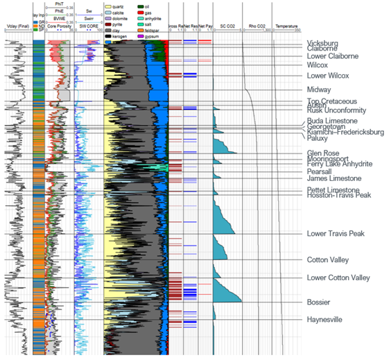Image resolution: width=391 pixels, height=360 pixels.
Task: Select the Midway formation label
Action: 318,90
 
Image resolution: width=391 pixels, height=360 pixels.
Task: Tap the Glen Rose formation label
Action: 322,153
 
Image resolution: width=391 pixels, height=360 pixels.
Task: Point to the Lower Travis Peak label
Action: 336,234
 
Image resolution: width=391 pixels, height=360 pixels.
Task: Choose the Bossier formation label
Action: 318,302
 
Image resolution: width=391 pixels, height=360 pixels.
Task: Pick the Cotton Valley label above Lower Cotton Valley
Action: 328,259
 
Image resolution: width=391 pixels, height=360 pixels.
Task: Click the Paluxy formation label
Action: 318,138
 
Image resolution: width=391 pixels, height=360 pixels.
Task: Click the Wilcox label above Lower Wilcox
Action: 318,65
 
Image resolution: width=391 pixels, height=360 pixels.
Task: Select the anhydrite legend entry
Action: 157,19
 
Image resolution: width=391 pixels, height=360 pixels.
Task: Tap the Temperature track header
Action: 286,26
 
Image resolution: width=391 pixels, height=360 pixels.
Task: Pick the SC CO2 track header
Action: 227,26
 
